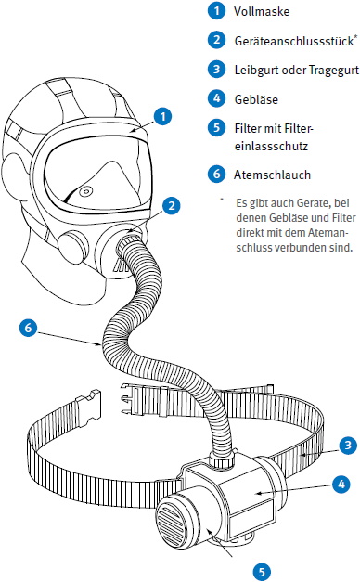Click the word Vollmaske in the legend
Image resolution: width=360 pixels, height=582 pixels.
tap(262, 11)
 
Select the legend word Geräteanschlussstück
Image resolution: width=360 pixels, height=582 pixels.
tap(293, 41)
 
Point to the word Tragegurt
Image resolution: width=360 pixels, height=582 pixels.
tap(334, 70)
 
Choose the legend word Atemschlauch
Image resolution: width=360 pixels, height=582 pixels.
tap(272, 175)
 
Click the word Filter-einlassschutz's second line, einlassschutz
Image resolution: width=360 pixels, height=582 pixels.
tap(271, 146)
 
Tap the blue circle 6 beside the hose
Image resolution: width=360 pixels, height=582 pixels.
tap(28, 328)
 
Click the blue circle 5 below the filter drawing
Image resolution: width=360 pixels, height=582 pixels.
tap(262, 572)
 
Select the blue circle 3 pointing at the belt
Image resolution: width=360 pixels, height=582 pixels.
tap(348, 445)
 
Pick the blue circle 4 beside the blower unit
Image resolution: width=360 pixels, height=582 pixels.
tap(341, 484)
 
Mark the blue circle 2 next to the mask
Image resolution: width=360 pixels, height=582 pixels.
tap(171, 206)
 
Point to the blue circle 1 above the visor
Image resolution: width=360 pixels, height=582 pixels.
tap(162, 117)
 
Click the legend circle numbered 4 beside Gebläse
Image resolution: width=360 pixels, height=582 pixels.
tap(217, 98)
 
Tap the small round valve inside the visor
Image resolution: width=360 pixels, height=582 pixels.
tap(86, 191)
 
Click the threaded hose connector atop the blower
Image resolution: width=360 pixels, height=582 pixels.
tap(222, 459)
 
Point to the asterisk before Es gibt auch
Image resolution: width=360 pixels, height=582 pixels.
tap(222, 200)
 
